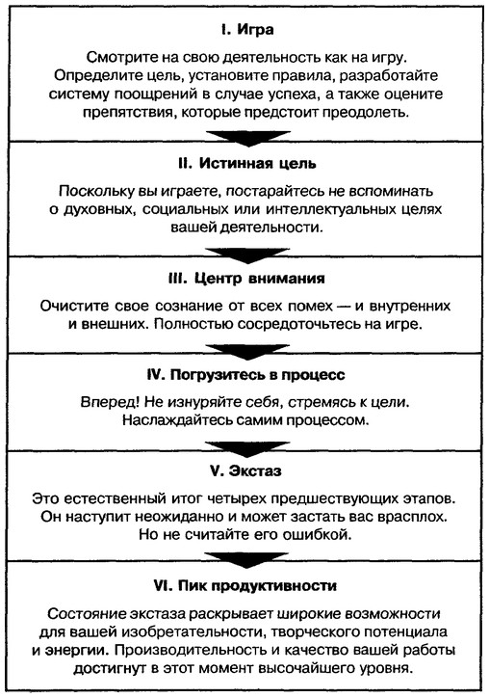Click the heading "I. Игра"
pyautogui.click(x=247, y=30)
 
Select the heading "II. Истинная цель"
pyautogui.click(x=246, y=163)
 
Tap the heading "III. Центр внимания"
pyautogui.click(x=246, y=279)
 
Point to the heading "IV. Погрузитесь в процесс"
pyautogui.click(x=245, y=375)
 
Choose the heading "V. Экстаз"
pyautogui.click(x=245, y=471)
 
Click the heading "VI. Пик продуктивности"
pyautogui.click(x=244, y=586)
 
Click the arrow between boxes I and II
pyautogui.click(x=248, y=139)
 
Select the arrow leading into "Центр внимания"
pyautogui.click(x=247, y=255)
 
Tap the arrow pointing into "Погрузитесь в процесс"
pyautogui.click(x=247, y=352)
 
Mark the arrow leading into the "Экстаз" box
pyautogui.click(x=247, y=449)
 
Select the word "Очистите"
pyautogui.click(x=74, y=307)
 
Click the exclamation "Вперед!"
pyautogui.click(x=111, y=402)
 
